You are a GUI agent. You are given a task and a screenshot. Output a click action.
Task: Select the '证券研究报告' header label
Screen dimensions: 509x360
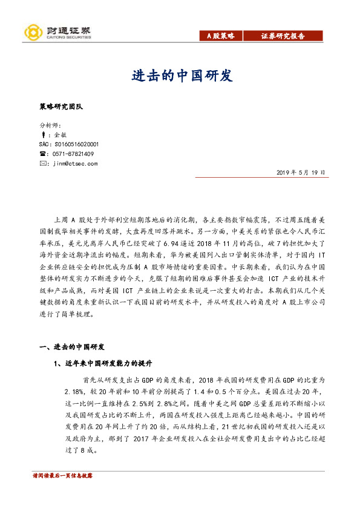(283, 36)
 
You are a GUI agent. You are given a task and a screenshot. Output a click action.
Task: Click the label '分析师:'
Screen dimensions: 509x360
(48, 126)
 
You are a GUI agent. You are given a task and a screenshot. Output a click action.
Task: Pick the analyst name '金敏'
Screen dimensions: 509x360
(60, 135)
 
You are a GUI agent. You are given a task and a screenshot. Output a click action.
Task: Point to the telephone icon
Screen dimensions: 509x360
(42, 154)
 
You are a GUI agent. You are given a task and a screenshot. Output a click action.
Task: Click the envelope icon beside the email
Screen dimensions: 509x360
(42, 163)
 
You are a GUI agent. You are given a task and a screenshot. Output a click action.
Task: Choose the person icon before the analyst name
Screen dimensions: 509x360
(42, 135)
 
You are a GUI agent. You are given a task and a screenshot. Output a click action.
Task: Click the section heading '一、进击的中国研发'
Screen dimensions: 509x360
(71, 347)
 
